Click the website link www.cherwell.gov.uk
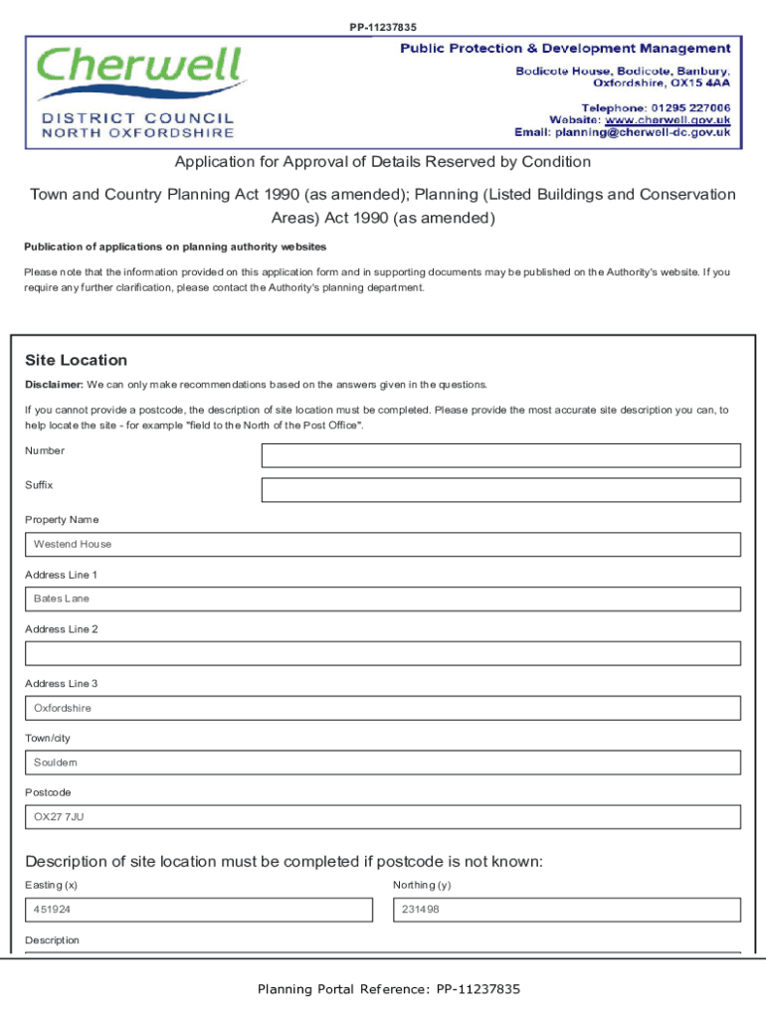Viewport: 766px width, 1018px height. (x=668, y=119)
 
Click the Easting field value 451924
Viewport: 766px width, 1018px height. (x=198, y=910)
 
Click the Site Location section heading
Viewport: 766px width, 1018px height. (x=76, y=360)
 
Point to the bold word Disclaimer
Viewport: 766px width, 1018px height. (x=54, y=385)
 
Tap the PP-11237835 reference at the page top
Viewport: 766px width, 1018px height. (x=383, y=27)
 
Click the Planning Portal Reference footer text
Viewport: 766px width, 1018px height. (x=388, y=989)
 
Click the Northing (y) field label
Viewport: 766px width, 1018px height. (x=422, y=885)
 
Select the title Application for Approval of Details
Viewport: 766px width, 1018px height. (x=383, y=162)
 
